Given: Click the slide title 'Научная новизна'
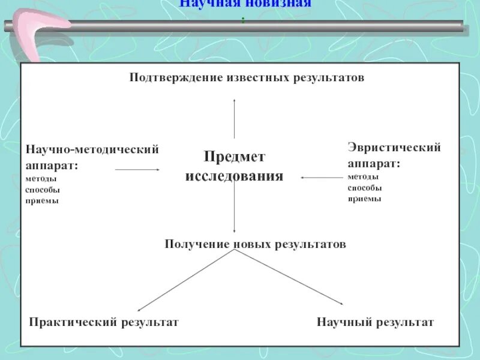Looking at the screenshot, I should coord(245,4).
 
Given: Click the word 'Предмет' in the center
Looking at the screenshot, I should coord(234,157).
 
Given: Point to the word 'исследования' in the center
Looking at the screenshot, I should coord(234,177).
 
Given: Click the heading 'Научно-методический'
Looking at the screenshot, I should coord(92,149).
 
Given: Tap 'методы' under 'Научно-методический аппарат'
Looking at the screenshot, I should coord(41,179).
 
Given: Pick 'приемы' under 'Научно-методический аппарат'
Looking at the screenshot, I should coord(42,201).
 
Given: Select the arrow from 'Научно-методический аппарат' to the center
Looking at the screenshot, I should coord(137,170).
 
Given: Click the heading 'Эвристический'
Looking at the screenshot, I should coord(394,147).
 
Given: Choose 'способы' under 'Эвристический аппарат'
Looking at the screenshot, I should coord(364,188).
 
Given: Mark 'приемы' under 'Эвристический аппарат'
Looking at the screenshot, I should coord(364,199).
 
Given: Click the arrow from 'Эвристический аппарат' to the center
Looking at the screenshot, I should coord(322,177).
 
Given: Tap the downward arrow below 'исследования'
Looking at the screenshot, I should coord(234,210).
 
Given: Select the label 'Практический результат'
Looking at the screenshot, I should coord(104,322).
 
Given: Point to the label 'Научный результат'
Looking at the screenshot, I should coord(375,322).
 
